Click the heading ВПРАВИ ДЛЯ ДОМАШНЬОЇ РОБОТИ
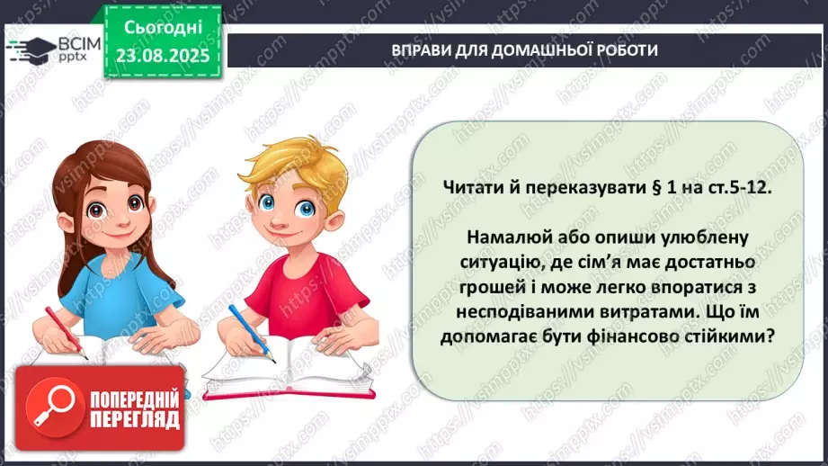(525, 50)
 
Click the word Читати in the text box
(472, 188)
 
